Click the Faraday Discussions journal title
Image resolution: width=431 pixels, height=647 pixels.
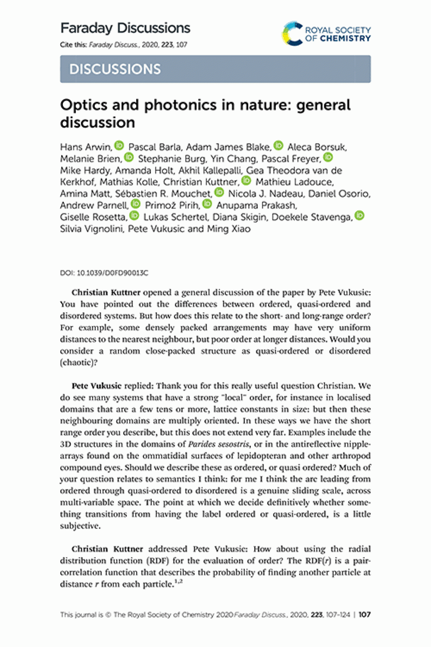(125, 28)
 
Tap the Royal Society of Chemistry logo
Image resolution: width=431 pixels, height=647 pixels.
(326, 34)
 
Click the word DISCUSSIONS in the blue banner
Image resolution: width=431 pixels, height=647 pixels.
(115, 69)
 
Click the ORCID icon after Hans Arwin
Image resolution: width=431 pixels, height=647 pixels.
(119, 146)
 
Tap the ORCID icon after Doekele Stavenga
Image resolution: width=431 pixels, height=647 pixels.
(360, 216)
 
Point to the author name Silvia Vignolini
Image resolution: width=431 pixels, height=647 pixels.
(91, 229)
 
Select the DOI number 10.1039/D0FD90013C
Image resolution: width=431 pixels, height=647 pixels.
(112, 273)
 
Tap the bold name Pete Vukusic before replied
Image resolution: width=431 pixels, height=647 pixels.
(96, 386)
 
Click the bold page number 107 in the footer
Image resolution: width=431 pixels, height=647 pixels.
(364, 614)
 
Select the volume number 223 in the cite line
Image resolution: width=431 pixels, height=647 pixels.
(167, 45)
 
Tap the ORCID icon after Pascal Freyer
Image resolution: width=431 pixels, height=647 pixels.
(328, 158)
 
